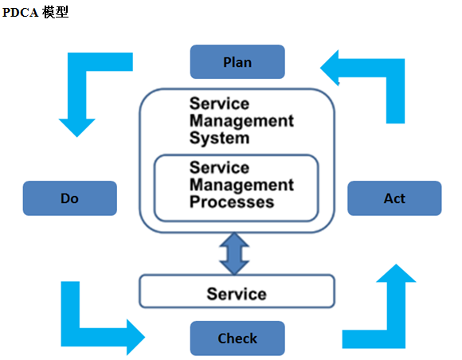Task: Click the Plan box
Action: pos(237,62)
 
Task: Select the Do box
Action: pos(70,198)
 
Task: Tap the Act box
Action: pos(394,198)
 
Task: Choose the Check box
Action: pos(237,338)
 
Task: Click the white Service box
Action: pos(237,291)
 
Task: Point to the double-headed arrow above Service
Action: pos(234,253)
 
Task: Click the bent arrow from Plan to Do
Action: pos(77,88)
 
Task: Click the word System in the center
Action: pos(220,138)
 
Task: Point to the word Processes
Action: pos(232,202)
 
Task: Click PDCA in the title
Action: pos(21,13)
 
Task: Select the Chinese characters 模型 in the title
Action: pos(55,12)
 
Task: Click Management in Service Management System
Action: pos(241,121)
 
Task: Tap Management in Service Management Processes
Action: pos(241,185)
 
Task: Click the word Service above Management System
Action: pos(220,104)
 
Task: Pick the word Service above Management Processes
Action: pos(220,167)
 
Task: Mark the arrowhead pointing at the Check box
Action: pos(136,338)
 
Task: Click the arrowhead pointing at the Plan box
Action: pos(329,68)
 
